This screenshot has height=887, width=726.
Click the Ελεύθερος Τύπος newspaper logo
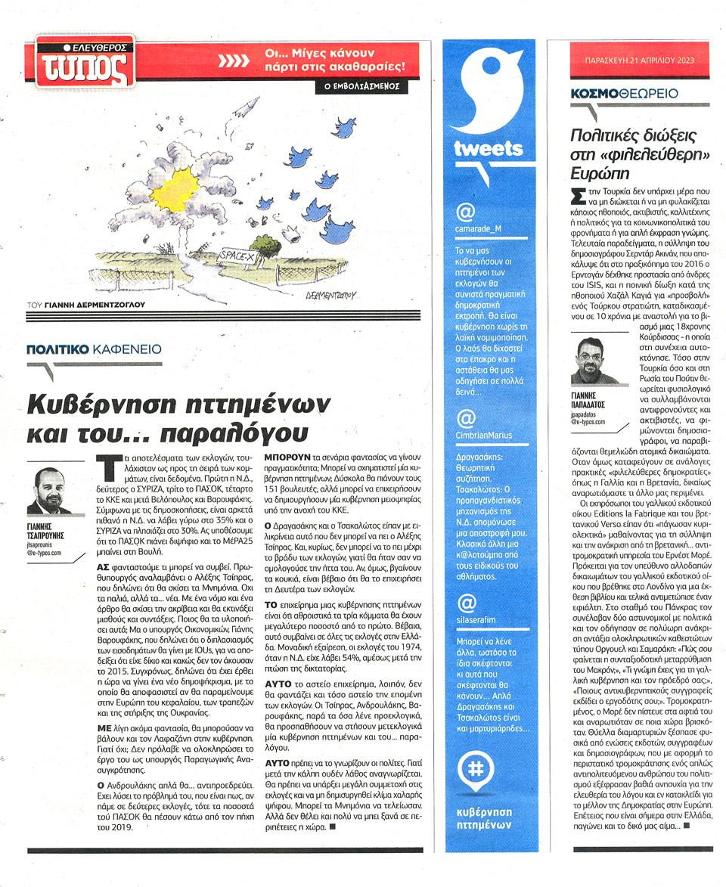[x=85, y=60]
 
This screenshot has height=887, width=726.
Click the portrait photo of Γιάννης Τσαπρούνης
[x=50, y=491]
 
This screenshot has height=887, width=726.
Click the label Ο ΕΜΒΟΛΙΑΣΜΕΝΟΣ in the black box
[x=360, y=87]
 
